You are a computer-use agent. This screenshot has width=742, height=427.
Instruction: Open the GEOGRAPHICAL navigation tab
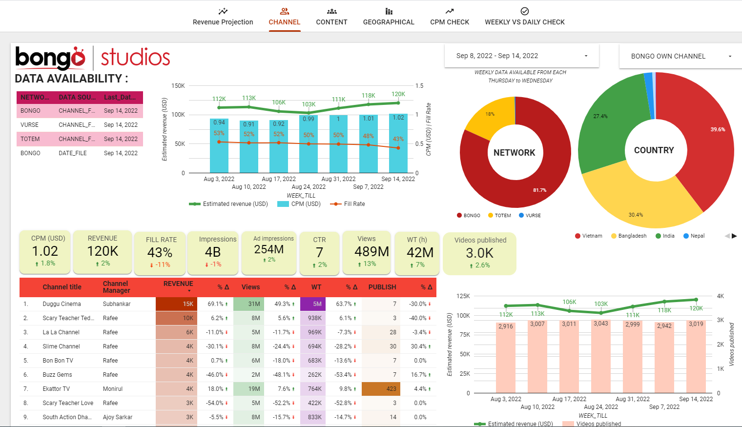point(389,17)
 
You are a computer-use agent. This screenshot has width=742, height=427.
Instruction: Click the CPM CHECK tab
point(449,17)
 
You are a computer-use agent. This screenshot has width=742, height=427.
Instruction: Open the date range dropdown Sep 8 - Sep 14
point(521,56)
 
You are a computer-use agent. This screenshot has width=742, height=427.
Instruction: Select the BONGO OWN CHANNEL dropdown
point(680,56)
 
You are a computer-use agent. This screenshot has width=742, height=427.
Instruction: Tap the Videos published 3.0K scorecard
point(480,253)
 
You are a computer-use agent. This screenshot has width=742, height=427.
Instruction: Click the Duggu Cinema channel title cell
point(62,304)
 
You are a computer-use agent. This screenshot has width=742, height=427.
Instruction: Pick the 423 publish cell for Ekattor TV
point(381,389)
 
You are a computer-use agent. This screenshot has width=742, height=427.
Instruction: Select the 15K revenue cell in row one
point(176,304)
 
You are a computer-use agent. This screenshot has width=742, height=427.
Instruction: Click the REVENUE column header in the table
point(178,284)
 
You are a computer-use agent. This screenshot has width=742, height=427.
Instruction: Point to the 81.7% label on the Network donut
point(539,190)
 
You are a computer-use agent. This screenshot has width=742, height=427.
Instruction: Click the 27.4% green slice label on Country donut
point(600,116)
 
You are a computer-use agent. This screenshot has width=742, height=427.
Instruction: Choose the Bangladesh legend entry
point(632,236)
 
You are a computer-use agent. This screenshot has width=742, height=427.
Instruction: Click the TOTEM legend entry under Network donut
point(502,215)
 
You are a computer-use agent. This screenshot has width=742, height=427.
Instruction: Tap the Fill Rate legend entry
point(353,204)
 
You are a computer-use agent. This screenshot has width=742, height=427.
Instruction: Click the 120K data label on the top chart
point(398,94)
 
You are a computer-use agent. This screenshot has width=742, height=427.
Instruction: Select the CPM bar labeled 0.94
point(219,146)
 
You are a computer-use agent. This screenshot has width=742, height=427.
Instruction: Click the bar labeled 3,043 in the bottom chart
point(601,356)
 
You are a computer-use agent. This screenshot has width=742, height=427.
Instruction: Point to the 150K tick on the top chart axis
point(178,86)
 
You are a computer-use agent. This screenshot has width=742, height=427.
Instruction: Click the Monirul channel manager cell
point(113,389)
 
